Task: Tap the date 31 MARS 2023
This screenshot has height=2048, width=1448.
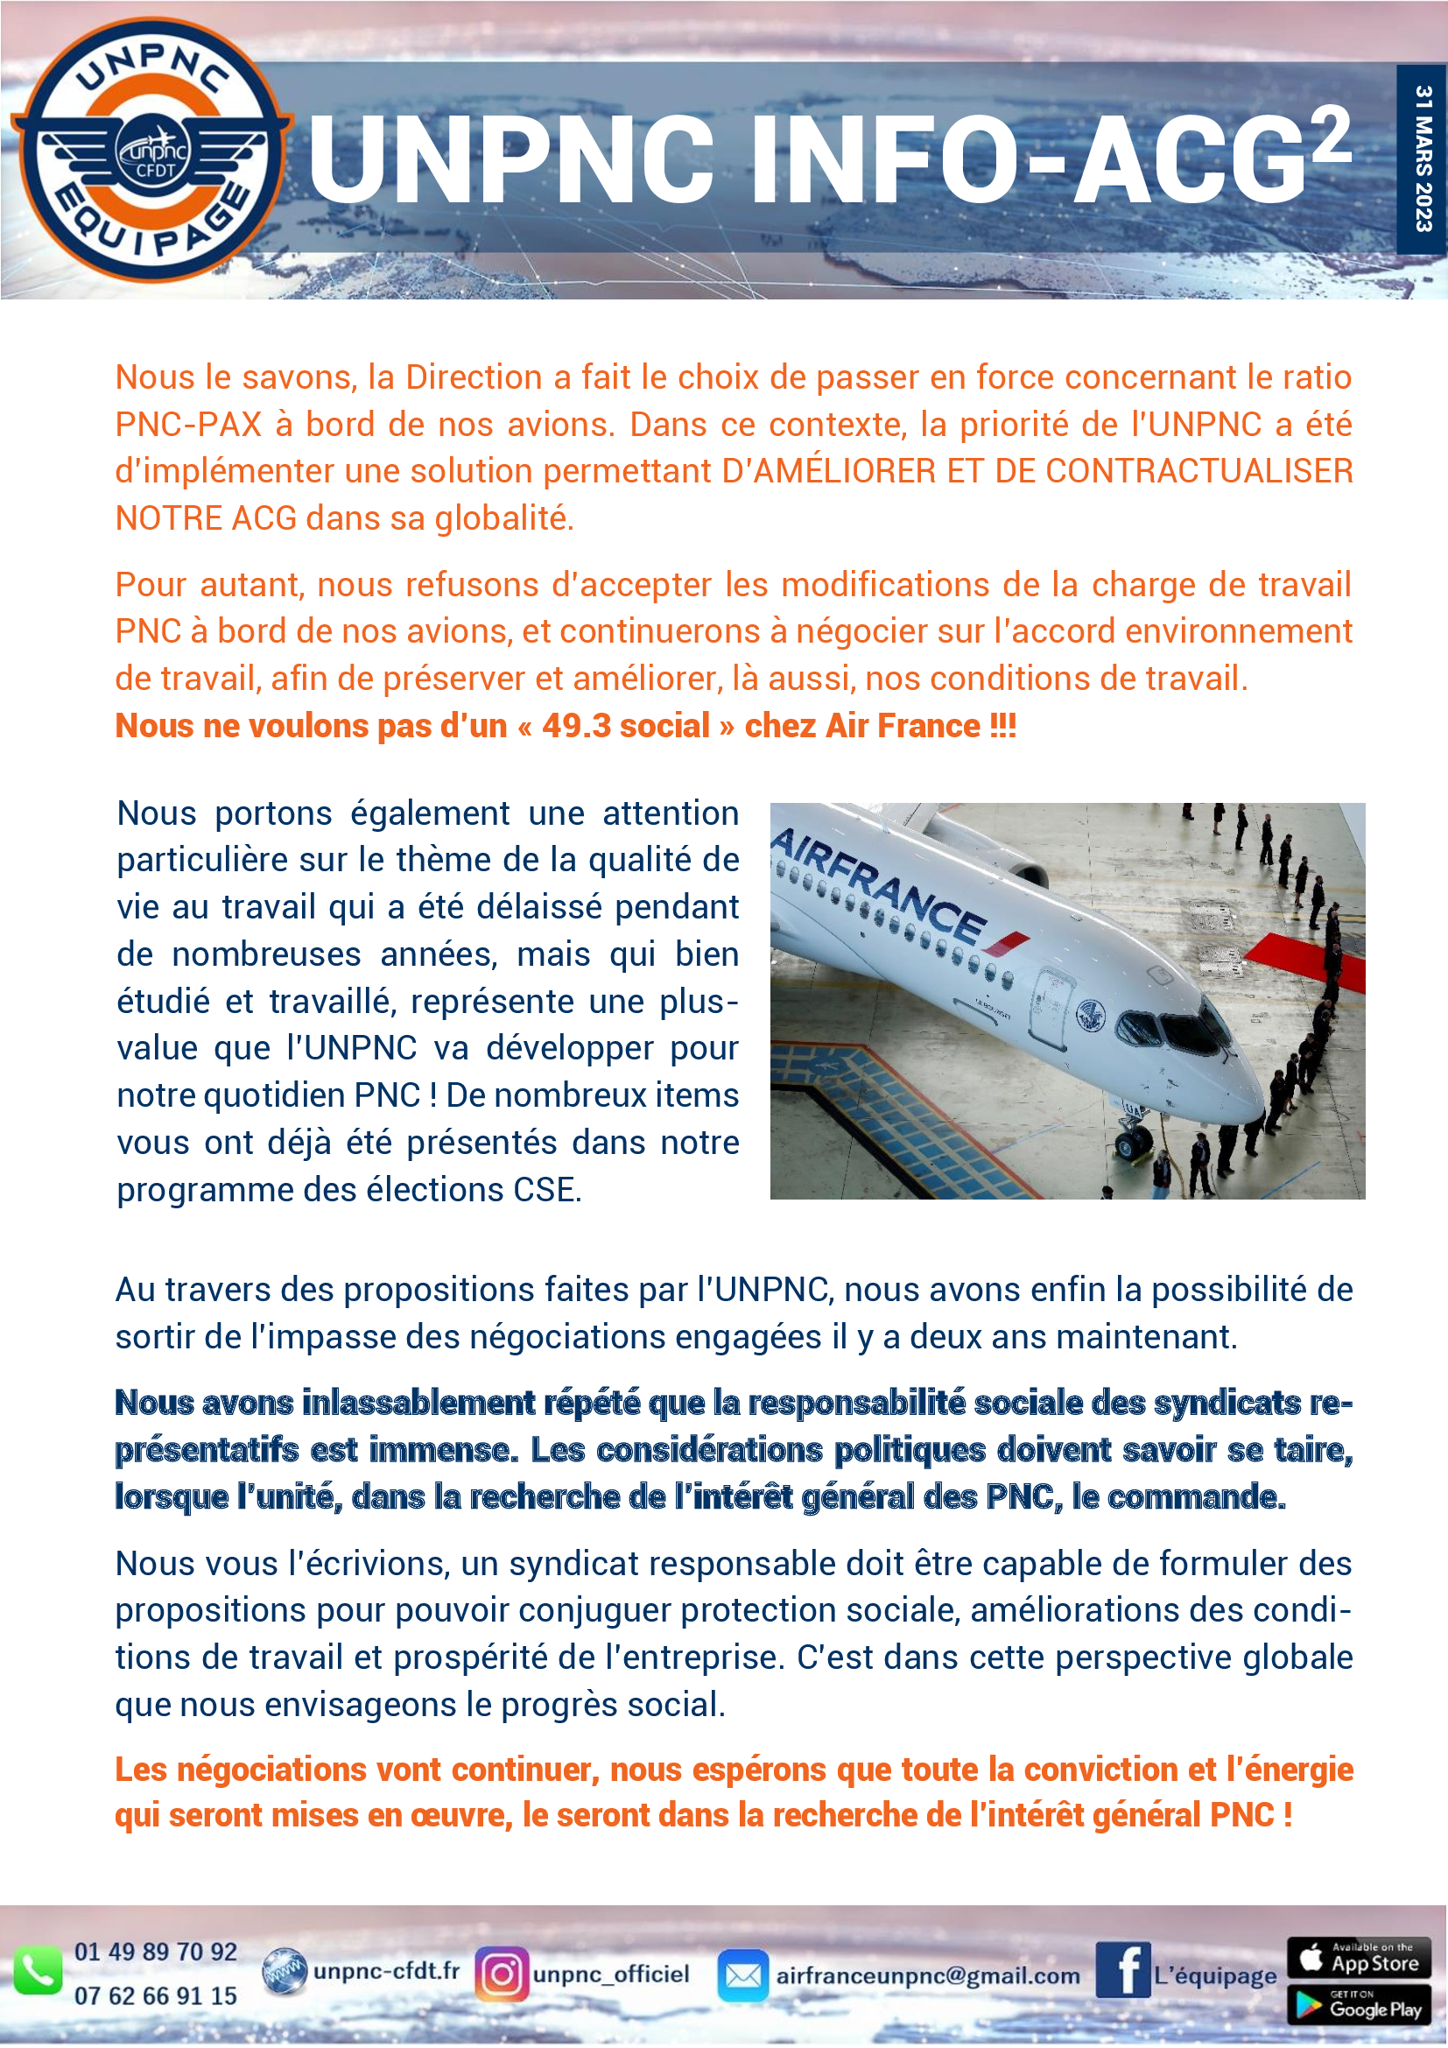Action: (x=1423, y=158)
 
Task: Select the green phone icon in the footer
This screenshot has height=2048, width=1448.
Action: (x=37, y=1972)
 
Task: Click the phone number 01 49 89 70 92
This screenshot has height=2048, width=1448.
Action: (x=156, y=1952)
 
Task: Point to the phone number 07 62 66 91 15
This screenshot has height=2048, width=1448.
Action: (x=156, y=1995)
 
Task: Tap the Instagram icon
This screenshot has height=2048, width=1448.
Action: (x=501, y=1974)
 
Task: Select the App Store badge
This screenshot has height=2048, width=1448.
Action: (x=1359, y=1958)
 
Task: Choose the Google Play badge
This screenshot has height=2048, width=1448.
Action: (x=1359, y=2004)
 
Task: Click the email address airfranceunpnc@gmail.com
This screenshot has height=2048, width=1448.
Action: (x=927, y=1975)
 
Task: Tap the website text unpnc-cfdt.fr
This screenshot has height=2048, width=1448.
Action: (x=386, y=1970)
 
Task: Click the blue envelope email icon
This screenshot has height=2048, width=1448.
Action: (x=742, y=1974)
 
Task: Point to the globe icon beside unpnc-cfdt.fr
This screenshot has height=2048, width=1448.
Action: (x=285, y=1971)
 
